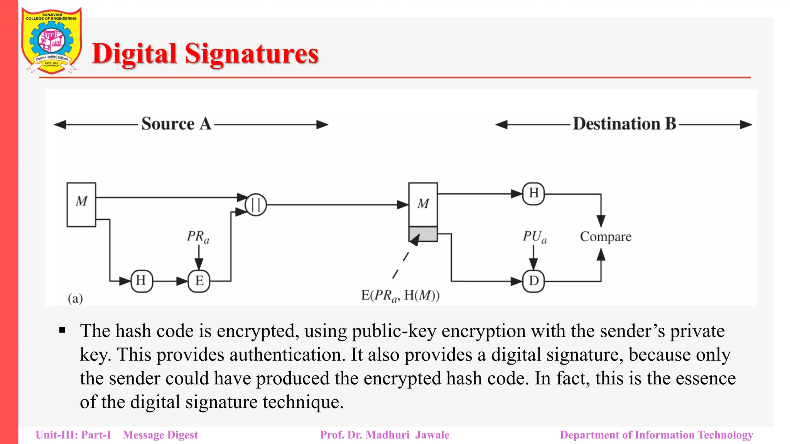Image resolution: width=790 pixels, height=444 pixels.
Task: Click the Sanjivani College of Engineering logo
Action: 51,41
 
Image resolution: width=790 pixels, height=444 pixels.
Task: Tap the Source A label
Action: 176,124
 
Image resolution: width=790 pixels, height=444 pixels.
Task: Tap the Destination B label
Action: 625,124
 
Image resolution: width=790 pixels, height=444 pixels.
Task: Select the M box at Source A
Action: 81,204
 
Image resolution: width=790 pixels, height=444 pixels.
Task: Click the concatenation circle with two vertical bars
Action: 256,204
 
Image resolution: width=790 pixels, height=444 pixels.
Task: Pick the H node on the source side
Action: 141,281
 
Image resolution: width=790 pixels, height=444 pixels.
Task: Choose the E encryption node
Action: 199,281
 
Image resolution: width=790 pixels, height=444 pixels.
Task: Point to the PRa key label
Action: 198,236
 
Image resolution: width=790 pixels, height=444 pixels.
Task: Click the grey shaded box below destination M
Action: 423,234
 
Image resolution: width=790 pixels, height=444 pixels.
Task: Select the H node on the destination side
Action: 533,193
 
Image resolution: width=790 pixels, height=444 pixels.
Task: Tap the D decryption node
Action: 533,281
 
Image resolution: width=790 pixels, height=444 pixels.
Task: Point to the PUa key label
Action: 535,236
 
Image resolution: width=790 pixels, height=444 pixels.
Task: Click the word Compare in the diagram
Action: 606,237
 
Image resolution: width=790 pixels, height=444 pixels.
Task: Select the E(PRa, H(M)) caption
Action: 400,296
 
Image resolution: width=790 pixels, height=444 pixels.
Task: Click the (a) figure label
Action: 75,298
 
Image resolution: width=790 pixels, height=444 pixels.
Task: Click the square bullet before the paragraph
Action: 62,330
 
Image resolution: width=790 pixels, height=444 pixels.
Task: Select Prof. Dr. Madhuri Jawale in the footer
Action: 385,435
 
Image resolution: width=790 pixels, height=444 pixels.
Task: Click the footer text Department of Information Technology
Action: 657,435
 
